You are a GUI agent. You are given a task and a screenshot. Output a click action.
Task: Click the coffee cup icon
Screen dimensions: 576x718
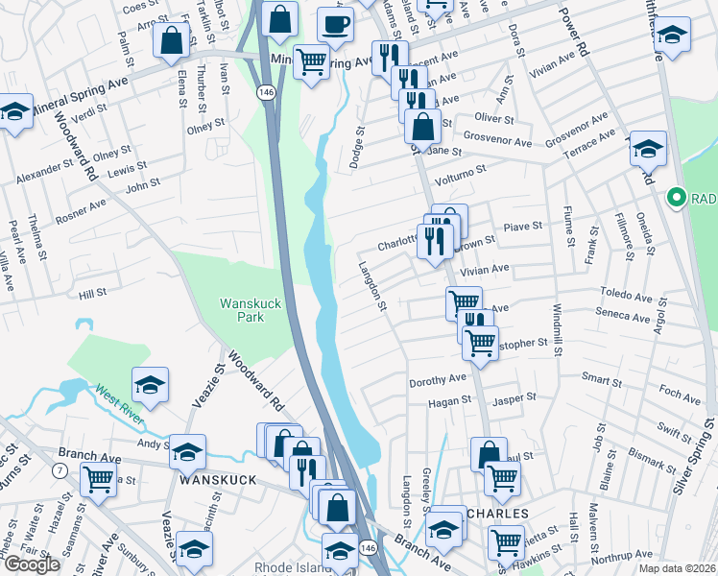(x=335, y=23)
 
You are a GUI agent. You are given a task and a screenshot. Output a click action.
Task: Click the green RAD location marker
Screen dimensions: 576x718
(x=676, y=199)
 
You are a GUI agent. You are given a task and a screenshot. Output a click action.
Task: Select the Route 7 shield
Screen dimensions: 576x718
(x=60, y=470)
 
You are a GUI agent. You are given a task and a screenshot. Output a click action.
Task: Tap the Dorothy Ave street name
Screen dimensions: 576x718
(x=437, y=381)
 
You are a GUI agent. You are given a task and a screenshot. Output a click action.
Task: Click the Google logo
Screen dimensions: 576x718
(x=32, y=564)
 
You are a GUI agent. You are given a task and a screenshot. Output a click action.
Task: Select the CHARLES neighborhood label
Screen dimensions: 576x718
(x=497, y=514)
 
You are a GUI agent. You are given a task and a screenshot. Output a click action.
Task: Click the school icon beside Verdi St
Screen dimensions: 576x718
(x=15, y=112)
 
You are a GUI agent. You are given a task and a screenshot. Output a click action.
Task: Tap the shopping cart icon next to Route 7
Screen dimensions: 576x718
(x=98, y=477)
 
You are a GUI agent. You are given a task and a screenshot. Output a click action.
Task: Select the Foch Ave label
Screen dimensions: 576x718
(x=680, y=395)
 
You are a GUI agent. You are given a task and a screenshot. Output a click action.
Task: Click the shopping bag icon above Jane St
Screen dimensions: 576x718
(x=422, y=125)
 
